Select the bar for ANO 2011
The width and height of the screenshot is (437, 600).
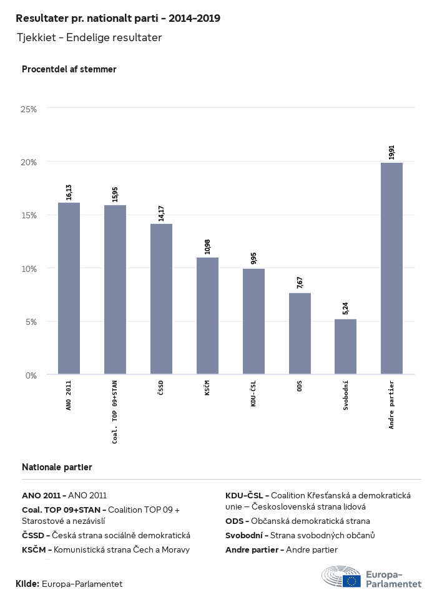point(69,288)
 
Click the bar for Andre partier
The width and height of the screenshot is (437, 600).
point(391,268)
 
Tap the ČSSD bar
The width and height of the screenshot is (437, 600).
point(161,299)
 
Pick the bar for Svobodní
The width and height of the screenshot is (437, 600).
point(345,347)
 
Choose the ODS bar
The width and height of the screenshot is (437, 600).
point(300,334)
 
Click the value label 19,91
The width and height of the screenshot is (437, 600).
point(391,152)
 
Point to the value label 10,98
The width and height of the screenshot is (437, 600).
point(207,247)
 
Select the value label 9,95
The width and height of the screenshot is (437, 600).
point(253,258)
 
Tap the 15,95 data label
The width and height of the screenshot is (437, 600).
point(115,194)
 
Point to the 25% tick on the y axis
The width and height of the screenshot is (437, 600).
point(29,109)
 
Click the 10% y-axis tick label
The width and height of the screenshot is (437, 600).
point(29,269)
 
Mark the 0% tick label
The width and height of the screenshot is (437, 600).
point(31,375)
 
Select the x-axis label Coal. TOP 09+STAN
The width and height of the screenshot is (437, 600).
point(115,412)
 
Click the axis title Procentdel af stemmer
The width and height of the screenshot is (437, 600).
point(69,69)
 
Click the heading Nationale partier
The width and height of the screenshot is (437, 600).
point(57,467)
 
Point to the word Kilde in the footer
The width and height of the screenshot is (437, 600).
point(27,584)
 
